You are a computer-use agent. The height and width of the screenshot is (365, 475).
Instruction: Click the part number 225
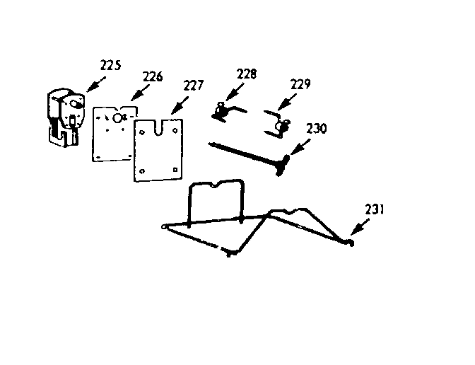pyautogui.click(x=110, y=66)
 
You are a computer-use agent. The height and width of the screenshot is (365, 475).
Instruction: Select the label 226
pyautogui.click(x=152, y=76)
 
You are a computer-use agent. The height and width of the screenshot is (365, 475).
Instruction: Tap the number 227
pyautogui.click(x=192, y=86)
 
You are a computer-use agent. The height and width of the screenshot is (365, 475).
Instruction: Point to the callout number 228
pyautogui.click(x=247, y=73)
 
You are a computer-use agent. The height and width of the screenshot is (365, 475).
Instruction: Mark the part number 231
pyautogui.click(x=375, y=209)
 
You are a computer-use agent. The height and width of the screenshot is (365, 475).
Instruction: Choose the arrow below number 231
pyautogui.click(x=359, y=228)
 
